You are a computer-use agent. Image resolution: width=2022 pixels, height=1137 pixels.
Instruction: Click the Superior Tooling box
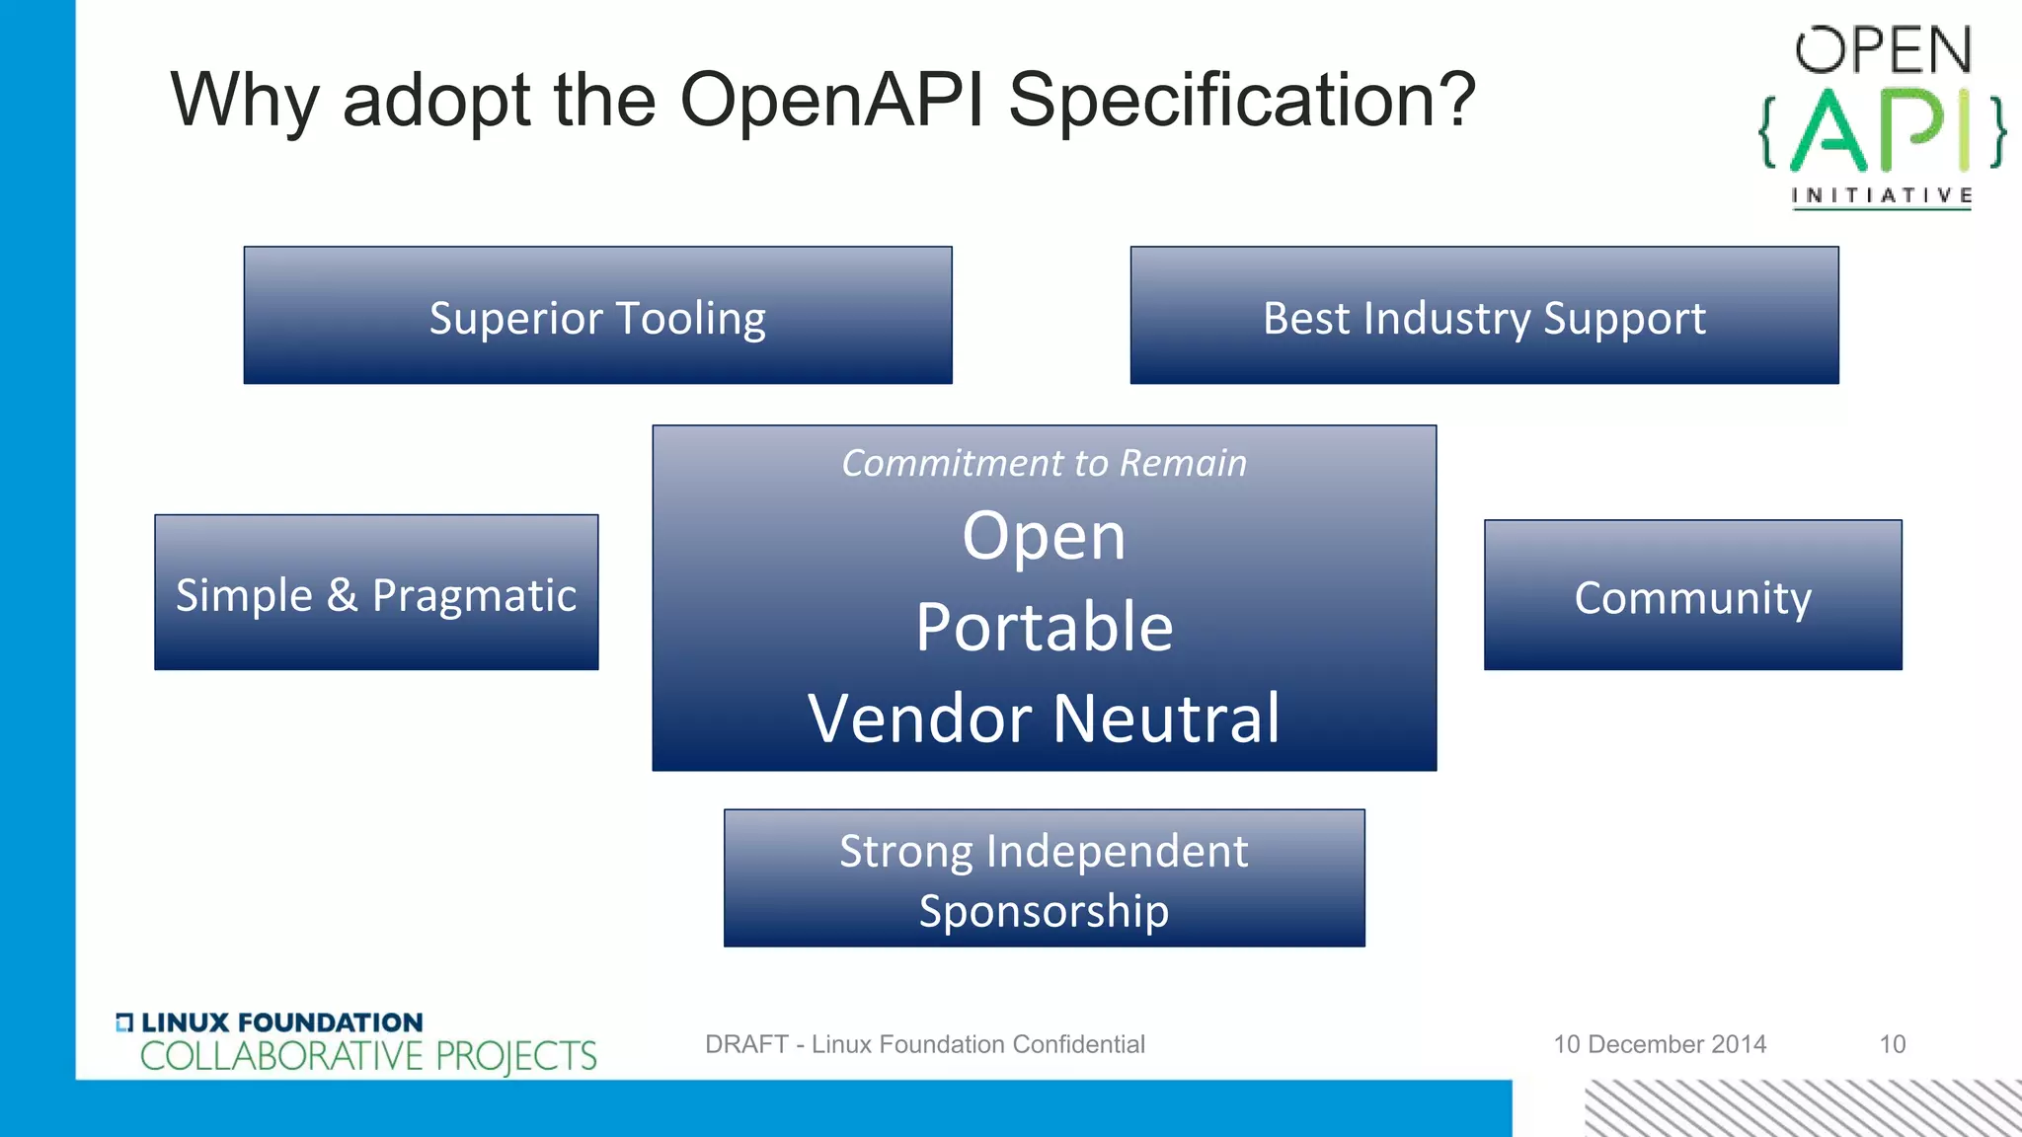(x=597, y=316)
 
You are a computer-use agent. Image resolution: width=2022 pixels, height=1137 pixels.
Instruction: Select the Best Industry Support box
(x=1484, y=316)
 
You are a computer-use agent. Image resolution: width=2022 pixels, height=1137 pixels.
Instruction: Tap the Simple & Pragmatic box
(x=376, y=593)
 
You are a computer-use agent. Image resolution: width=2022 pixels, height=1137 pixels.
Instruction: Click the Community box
(x=1692, y=596)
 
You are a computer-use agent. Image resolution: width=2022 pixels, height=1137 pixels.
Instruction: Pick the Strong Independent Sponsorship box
(x=1044, y=878)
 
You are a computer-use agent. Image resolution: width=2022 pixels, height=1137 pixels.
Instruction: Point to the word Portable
(x=1044, y=627)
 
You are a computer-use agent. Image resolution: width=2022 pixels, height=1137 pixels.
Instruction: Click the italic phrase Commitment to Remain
(x=1044, y=463)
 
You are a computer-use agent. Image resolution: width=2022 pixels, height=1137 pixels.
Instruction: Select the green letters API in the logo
(x=1881, y=131)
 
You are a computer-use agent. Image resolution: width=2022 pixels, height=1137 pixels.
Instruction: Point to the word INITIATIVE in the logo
(x=1882, y=195)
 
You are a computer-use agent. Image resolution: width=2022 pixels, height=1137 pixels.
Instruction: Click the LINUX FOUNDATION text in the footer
(x=281, y=1023)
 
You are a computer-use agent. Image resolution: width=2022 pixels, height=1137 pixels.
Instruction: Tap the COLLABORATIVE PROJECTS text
(x=367, y=1056)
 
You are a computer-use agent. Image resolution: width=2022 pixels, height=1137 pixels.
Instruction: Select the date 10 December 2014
(x=1660, y=1044)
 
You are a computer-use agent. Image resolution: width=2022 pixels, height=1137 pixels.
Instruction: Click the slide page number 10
(x=1892, y=1044)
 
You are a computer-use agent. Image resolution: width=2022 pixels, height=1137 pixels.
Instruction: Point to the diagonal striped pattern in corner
(x=1802, y=1108)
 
